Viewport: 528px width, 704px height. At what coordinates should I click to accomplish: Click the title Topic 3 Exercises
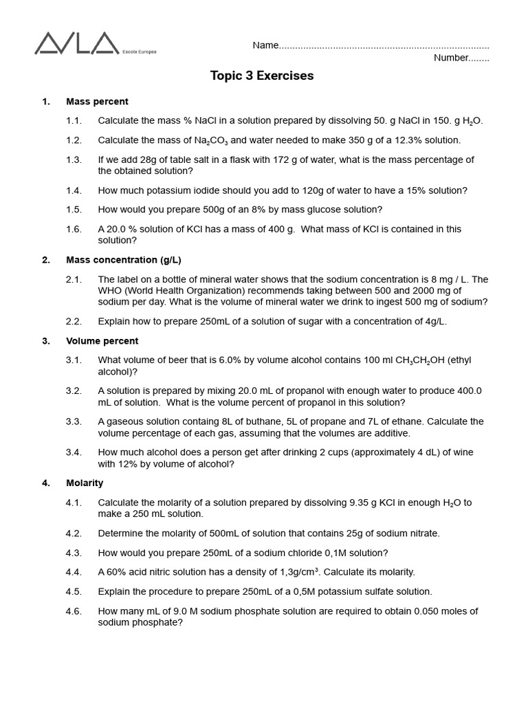pyautogui.click(x=262, y=76)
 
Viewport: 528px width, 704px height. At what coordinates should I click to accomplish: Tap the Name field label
pyautogui.click(x=265, y=45)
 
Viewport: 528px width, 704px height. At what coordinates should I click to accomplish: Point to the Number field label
pyautogui.click(x=451, y=58)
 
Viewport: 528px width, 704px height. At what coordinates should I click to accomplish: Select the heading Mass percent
pyautogui.click(x=97, y=102)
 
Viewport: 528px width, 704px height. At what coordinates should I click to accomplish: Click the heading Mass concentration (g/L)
pyautogui.click(x=124, y=260)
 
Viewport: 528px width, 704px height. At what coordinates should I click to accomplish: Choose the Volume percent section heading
pyautogui.click(x=102, y=341)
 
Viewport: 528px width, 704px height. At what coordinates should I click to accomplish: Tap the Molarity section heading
pyautogui.click(x=85, y=483)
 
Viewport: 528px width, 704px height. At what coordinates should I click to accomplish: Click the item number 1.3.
pyautogui.click(x=74, y=159)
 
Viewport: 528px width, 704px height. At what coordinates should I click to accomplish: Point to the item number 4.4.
pyautogui.click(x=74, y=572)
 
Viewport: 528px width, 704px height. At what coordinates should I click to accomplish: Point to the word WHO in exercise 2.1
pyautogui.click(x=110, y=291)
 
